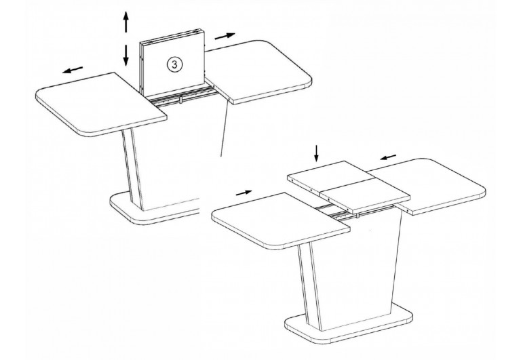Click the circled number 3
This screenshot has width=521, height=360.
[174, 64]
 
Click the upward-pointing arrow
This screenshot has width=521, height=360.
[126, 22]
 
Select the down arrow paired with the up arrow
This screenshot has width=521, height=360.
[126, 55]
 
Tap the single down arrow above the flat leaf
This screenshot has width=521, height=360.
[316, 153]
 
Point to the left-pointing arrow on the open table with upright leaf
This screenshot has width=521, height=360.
[73, 70]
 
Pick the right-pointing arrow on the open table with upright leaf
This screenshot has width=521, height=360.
[225, 36]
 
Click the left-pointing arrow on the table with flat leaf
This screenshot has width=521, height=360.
[388, 157]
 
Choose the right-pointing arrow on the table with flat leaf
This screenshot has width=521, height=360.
[244, 193]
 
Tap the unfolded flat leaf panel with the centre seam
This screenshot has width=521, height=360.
[349, 187]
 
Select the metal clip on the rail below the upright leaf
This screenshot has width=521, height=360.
[181, 100]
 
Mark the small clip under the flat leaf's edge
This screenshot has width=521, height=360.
[358, 216]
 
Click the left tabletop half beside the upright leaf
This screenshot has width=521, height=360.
[101, 104]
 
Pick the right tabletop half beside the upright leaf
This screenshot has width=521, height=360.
[258, 72]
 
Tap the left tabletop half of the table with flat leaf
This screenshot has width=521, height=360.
[281, 220]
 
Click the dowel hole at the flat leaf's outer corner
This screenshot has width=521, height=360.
[292, 180]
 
